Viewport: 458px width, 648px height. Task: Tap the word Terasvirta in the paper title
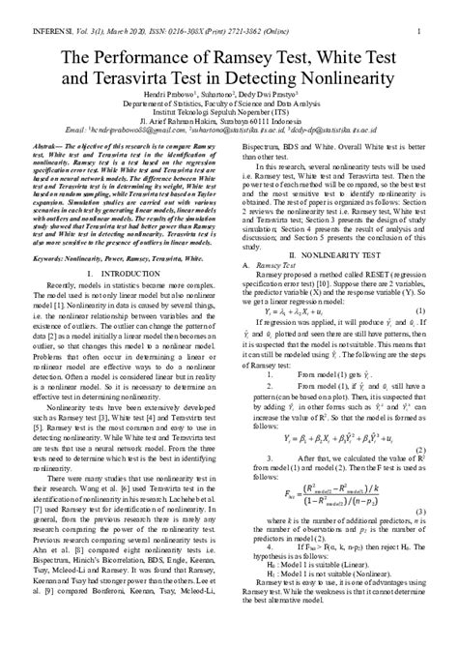(130, 78)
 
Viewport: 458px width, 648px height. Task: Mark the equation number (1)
(418, 311)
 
